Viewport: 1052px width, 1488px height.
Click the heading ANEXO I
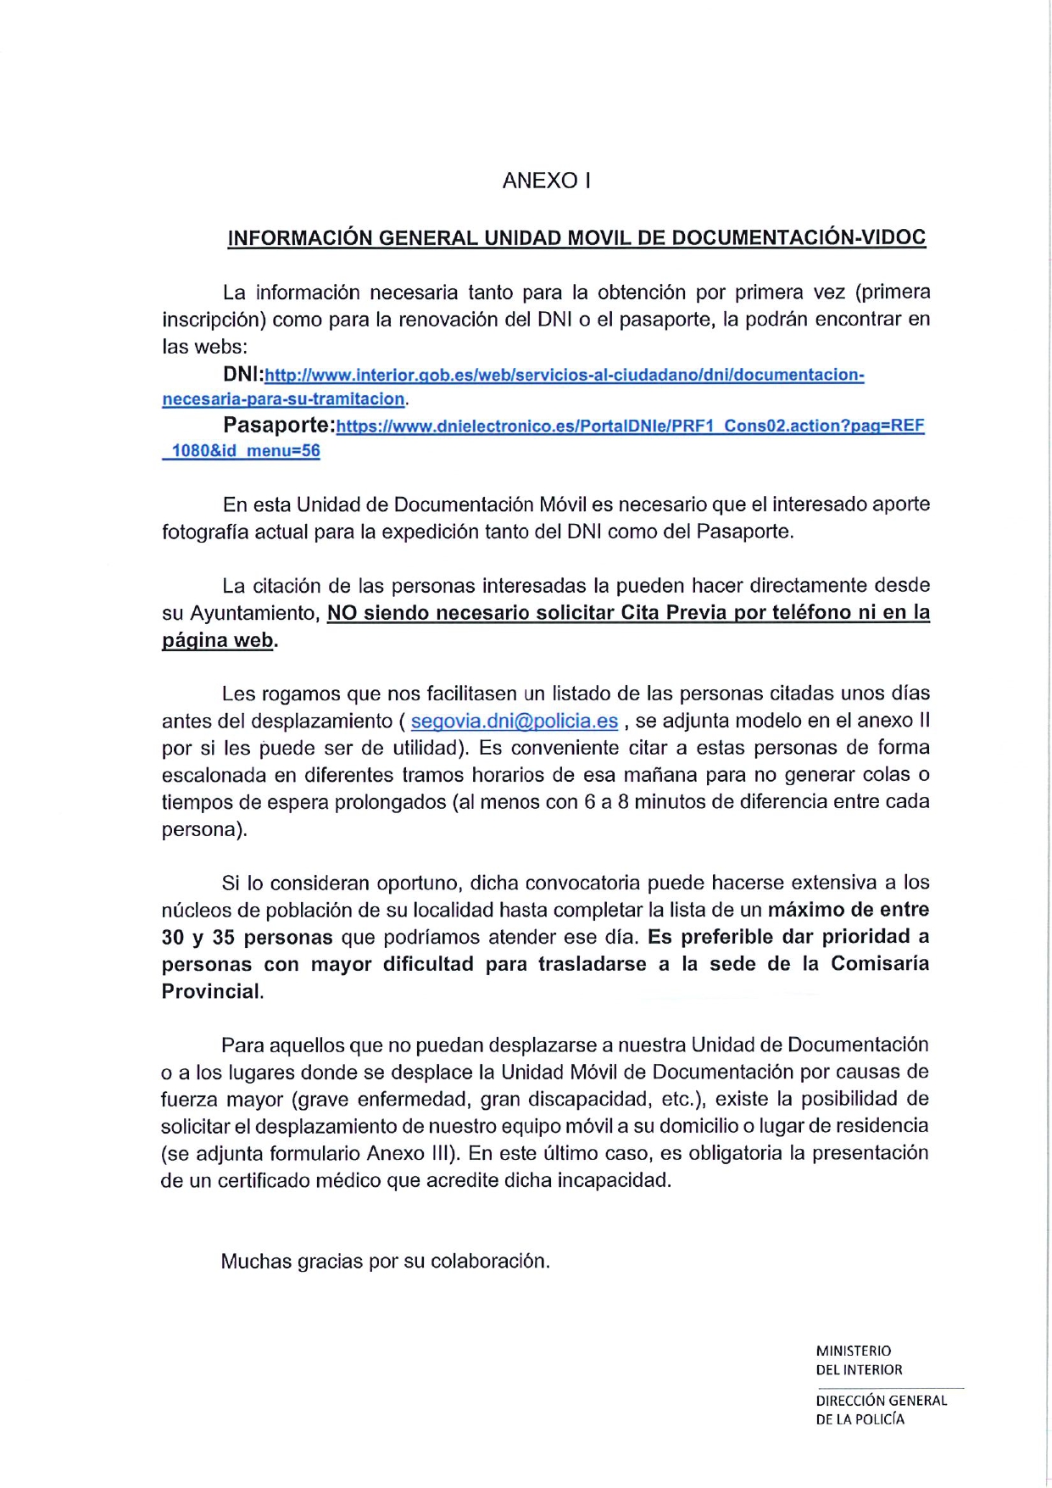coord(546,181)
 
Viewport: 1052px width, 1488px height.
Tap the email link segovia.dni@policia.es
coord(514,721)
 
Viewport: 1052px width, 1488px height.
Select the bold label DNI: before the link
coord(243,374)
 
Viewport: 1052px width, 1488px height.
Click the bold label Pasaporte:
coord(279,425)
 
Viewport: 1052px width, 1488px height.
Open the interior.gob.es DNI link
coord(564,375)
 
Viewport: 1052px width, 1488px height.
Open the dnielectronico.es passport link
coord(630,426)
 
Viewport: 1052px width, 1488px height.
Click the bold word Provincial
coord(211,991)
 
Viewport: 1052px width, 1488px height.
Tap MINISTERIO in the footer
coord(853,1351)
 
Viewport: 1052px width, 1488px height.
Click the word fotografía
coord(203,532)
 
